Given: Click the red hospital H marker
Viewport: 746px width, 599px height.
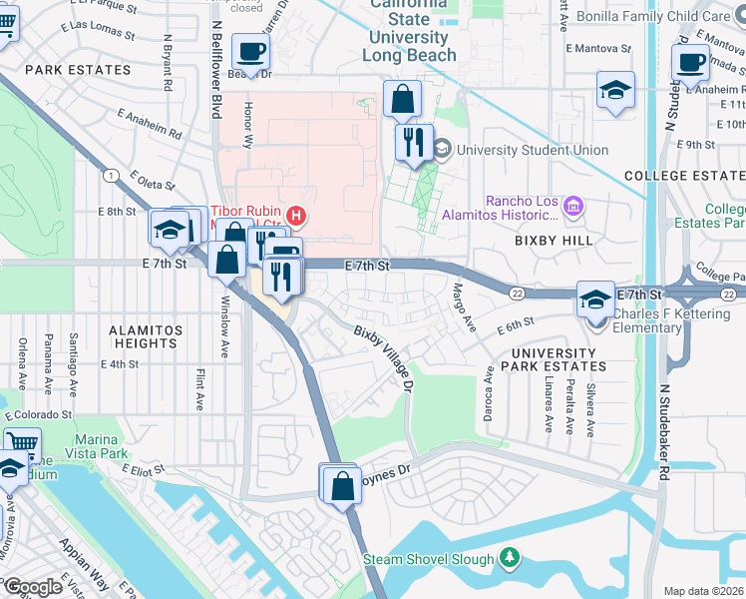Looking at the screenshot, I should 295,216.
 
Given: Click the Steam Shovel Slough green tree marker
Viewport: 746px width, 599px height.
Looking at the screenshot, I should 510,557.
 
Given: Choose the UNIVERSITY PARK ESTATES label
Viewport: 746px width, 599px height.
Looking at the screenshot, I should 559,359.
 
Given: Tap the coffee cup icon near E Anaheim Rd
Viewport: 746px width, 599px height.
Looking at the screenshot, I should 690,62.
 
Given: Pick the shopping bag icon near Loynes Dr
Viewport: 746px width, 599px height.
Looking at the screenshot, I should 342,487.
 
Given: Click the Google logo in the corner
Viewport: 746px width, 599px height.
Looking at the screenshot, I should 33,586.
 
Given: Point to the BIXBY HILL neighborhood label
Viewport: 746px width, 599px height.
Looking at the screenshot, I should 555,241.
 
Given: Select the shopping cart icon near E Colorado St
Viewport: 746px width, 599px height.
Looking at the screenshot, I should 20,442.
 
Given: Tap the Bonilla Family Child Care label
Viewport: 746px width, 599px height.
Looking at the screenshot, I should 675,17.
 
